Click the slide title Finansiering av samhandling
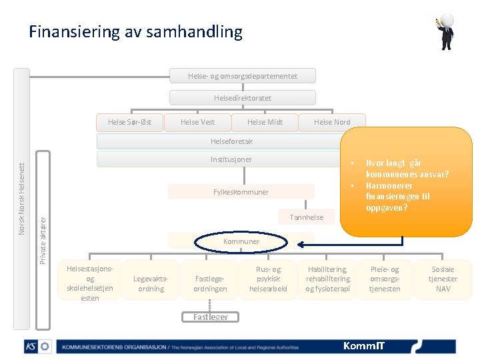pos(135,31)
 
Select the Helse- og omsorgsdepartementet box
pos(243,76)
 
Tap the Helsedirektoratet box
pos(243,98)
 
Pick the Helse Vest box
pos(198,122)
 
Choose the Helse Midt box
pos(265,122)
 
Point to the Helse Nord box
pos(331,122)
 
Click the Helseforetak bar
pos(231,141)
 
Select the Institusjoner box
pos(231,159)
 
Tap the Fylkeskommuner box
pos(241,192)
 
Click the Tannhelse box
pos(307,217)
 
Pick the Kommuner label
pos(241,241)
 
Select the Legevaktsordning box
pos(151,284)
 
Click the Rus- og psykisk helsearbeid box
pos(268,279)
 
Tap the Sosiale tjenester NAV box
pos(443,279)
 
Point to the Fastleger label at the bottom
pos(211,317)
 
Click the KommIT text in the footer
pos(363,345)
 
